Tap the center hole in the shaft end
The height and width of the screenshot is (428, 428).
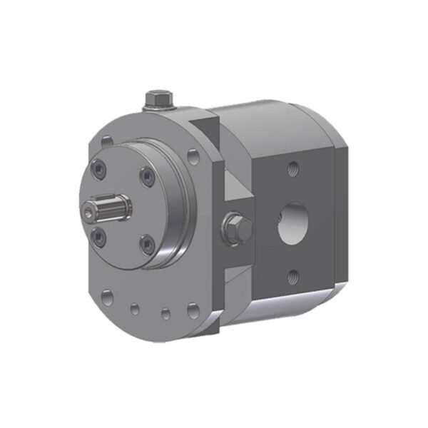click(88, 212)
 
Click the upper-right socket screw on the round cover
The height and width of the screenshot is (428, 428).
click(146, 178)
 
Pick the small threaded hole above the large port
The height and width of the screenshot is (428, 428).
click(292, 168)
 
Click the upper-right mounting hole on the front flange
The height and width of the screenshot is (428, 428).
click(193, 157)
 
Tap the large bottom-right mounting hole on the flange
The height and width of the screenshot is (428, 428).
click(193, 310)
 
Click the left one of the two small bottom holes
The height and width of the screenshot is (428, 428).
click(135, 308)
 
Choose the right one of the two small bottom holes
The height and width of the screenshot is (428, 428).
click(164, 312)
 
